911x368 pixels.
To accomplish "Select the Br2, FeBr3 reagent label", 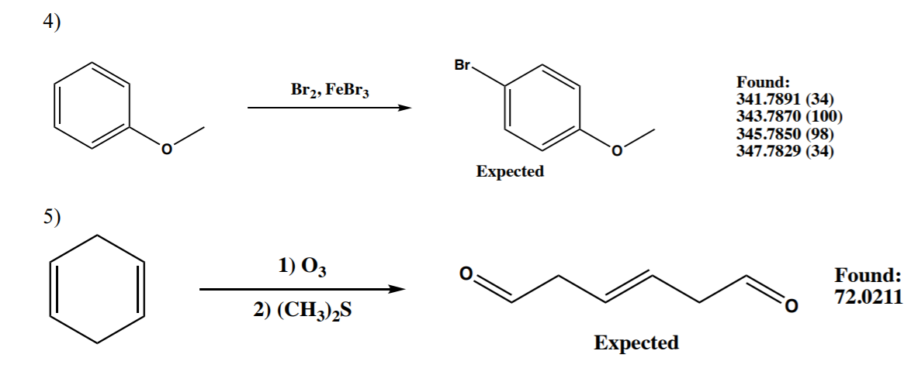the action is [x=330, y=89].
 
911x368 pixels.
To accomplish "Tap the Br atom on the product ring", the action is [x=462, y=67].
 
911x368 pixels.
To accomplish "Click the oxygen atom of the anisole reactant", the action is [x=165, y=150].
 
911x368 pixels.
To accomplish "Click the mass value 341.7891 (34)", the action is [x=785, y=98].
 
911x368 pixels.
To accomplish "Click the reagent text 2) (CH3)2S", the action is [x=304, y=314].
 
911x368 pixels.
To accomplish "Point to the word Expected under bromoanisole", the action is [x=510, y=172].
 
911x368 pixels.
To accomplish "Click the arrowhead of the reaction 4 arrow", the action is [x=403, y=108].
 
